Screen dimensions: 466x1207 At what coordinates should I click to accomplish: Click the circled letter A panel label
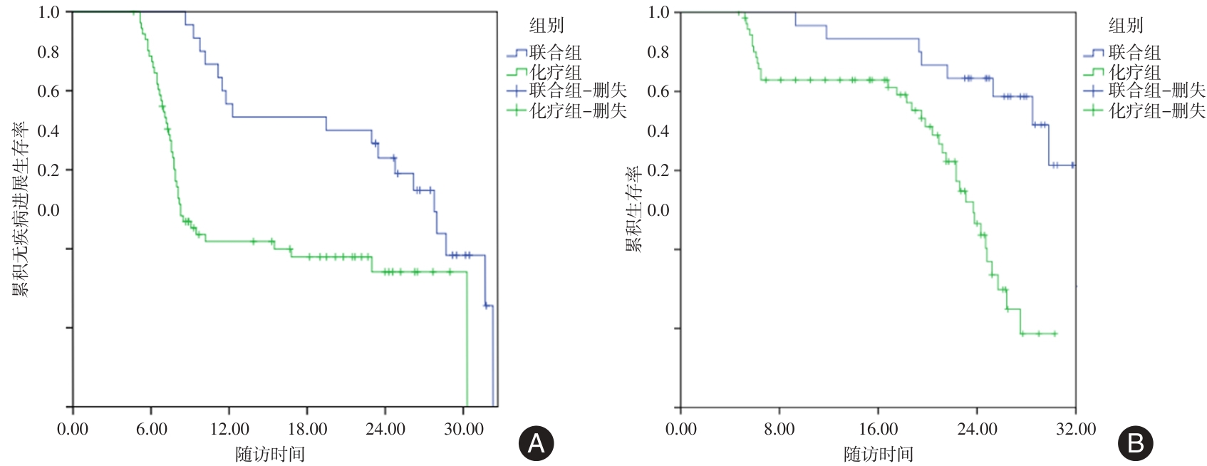coord(536,443)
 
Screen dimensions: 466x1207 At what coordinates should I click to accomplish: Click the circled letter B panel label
coord(1136,443)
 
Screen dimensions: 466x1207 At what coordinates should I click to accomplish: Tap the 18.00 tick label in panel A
coord(307,429)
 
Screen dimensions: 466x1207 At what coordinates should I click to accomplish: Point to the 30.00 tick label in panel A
coord(464,429)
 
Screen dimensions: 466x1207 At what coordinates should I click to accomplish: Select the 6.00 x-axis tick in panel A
coord(151,429)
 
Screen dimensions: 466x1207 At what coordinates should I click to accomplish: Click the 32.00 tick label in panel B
coord(1076,429)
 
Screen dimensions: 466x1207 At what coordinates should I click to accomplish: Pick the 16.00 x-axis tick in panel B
coord(878,429)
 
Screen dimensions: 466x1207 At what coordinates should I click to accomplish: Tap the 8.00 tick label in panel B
coord(779,429)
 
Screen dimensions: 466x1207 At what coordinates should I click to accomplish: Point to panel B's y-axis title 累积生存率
coord(633,209)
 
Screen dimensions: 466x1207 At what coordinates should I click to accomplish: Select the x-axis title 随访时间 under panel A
coord(270,454)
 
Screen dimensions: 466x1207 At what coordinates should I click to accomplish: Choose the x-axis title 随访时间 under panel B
coord(878,454)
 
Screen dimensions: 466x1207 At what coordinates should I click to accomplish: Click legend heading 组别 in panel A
coord(546,26)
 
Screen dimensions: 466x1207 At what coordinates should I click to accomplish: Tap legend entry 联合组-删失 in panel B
coord(1156,90)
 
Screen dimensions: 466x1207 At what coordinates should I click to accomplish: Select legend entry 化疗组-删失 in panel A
coord(578,110)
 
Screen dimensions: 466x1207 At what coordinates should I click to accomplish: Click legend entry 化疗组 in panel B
coord(1134,72)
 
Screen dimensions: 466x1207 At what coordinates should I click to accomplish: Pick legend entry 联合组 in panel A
coord(555,52)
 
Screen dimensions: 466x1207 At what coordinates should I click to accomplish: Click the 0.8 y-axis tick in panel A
coord(48,52)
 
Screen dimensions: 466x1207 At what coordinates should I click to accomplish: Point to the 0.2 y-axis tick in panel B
coord(658,170)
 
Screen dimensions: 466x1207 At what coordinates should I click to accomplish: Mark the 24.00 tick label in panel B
coord(977,429)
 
